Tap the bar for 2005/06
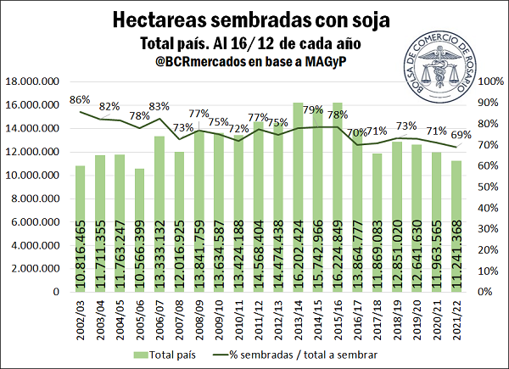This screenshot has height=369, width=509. point(139,229)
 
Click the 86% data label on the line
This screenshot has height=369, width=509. point(80,100)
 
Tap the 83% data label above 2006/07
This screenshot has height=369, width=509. point(159,106)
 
